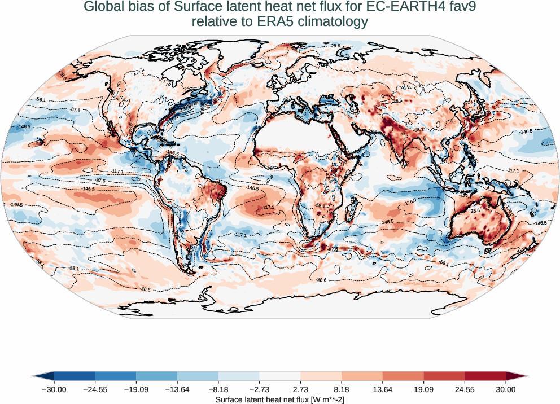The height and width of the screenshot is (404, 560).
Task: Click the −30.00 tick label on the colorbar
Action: [54, 389]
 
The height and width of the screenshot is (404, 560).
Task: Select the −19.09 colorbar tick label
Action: [136, 389]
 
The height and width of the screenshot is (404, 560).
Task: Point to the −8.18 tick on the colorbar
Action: [218, 389]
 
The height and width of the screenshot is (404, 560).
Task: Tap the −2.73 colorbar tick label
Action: [259, 389]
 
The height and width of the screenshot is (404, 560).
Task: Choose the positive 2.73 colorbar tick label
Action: [300, 389]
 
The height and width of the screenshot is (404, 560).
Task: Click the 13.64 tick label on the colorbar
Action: [382, 389]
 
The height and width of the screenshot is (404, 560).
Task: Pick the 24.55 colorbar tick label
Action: [465, 389]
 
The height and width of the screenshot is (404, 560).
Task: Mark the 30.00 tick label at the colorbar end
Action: [506, 389]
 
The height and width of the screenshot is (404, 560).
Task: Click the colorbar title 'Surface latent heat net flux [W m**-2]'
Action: [280, 399]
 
